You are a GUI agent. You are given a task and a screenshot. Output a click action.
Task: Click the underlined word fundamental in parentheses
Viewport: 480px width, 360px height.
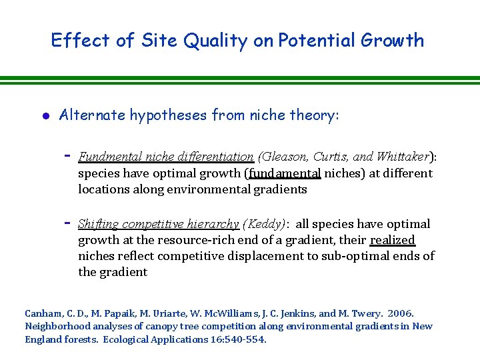tap(285, 173)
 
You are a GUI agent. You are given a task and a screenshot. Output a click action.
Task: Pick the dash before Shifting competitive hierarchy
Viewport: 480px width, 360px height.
tap(67, 222)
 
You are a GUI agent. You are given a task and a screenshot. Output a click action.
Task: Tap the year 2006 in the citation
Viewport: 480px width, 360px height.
tap(401, 313)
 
